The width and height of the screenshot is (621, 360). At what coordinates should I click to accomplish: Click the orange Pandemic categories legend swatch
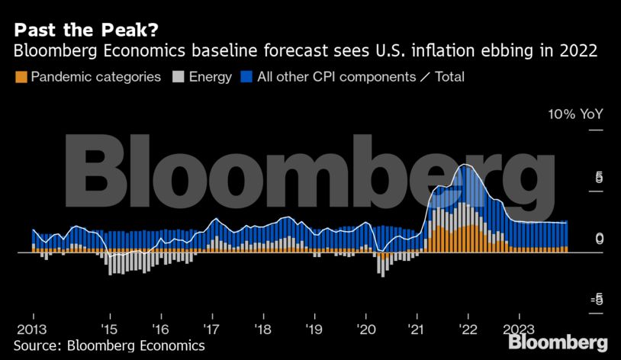tap(21, 77)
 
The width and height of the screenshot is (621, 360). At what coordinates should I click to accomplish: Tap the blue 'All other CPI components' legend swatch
tap(246, 77)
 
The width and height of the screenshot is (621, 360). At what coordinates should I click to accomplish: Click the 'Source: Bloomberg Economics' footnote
tap(109, 346)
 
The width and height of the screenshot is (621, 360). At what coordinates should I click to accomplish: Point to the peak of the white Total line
tap(465, 165)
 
